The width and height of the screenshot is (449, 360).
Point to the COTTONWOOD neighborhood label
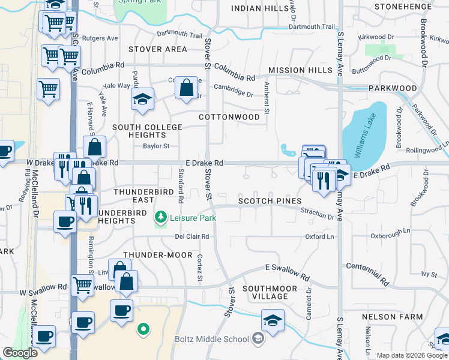pyautogui.click(x=229, y=117)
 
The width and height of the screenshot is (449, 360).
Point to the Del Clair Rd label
pyautogui.click(x=192, y=236)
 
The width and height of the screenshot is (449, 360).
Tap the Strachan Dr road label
pyautogui.click(x=317, y=214)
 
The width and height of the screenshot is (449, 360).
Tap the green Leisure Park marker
pyautogui.click(x=160, y=216)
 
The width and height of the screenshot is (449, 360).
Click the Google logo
pyautogui.click(x=20, y=353)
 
